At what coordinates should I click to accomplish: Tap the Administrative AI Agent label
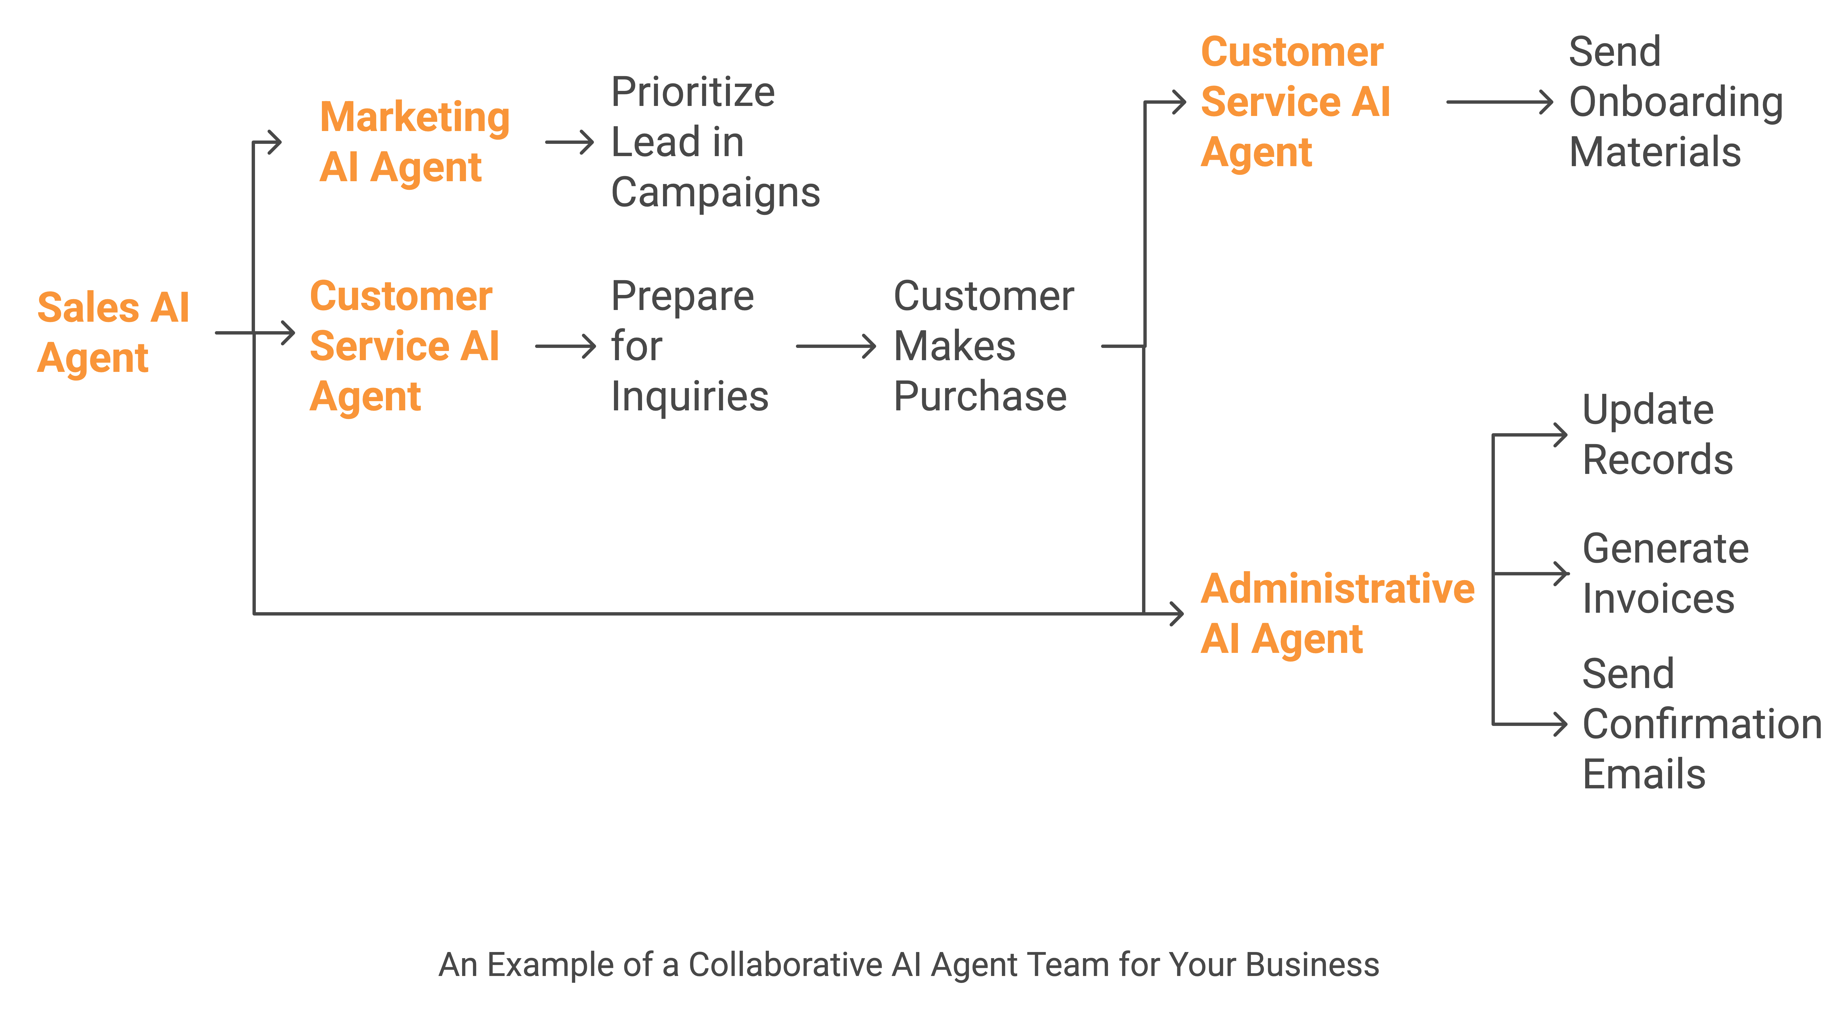tap(1337, 613)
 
